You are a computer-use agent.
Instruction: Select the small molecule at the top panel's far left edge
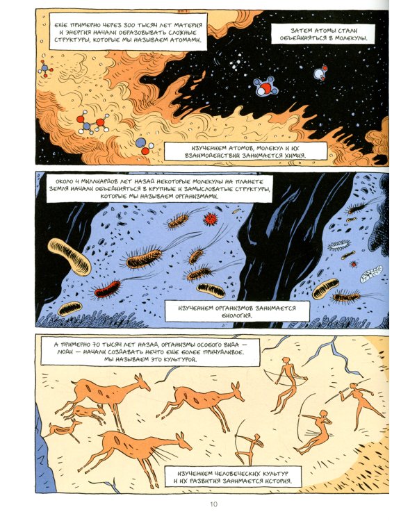pyautogui.click(x=44, y=69)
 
